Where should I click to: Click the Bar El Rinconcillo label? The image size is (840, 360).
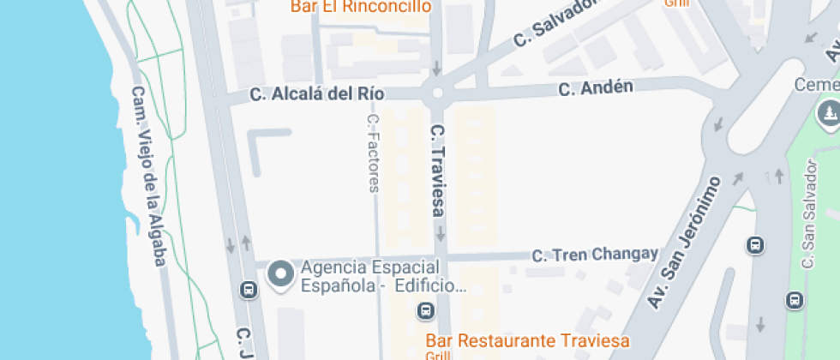coord(360,7)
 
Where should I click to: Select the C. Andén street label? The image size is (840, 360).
coord(596,87)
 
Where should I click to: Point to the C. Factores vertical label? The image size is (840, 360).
coord(373,154)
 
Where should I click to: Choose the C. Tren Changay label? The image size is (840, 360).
coord(595,254)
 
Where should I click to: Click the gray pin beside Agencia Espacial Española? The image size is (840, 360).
coord(280,273)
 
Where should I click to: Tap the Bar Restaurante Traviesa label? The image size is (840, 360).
coord(527,340)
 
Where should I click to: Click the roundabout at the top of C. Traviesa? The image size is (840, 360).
coord(437,93)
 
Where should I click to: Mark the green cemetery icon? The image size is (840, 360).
coord(830,111)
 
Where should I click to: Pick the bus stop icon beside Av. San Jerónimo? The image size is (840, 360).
coord(755,245)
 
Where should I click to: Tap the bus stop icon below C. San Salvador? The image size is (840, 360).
coord(795,300)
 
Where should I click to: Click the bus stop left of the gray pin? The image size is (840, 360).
coord(249,290)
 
